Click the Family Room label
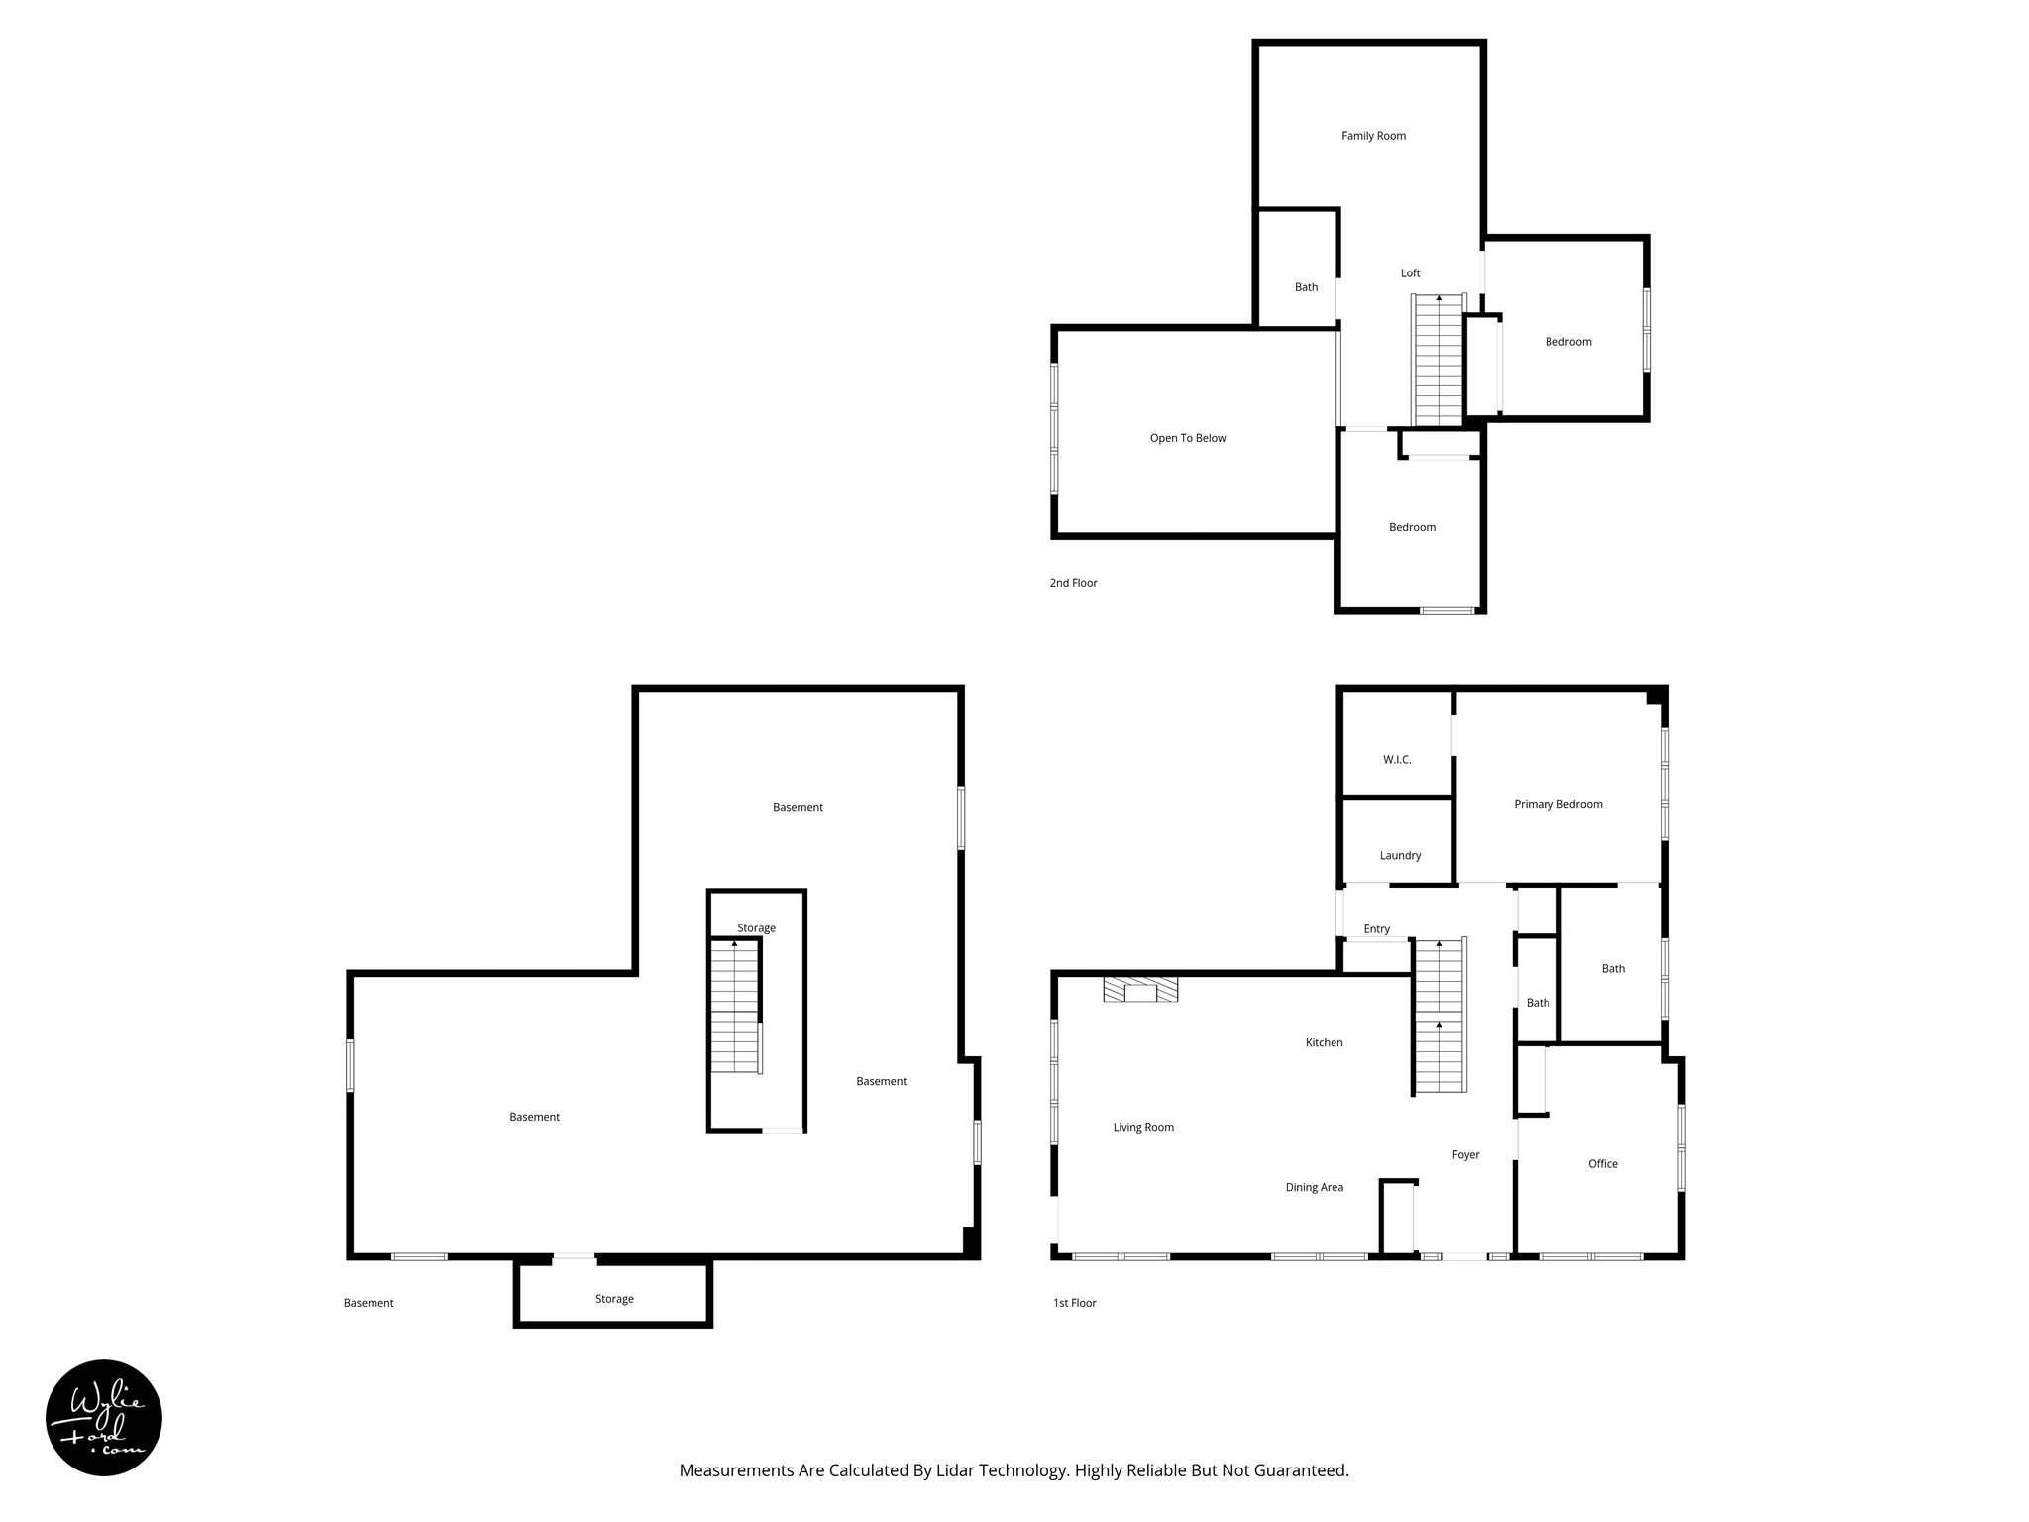[1373, 136]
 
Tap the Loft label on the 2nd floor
[1410, 273]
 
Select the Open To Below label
[1187, 438]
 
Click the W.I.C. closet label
[1397, 760]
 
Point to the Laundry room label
[1400, 855]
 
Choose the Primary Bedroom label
[1557, 804]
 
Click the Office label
[1602, 1164]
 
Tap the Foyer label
[1465, 1155]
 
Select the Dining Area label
[1314, 1187]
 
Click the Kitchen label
[1324, 1042]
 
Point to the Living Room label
[1143, 1127]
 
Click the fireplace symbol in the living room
[1141, 990]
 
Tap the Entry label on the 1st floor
[1376, 929]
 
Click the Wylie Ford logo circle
[104, 1417]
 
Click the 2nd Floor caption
[1073, 583]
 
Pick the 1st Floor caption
[1074, 1303]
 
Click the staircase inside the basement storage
[735, 1006]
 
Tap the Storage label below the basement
[614, 1299]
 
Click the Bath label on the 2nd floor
[1306, 287]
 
